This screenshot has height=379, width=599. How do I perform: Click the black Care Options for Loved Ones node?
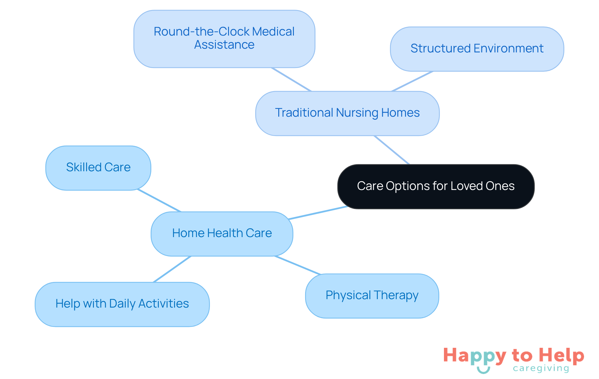point(436,186)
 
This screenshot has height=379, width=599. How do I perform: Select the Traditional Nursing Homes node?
point(347,113)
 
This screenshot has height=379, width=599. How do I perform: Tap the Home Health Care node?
point(222,234)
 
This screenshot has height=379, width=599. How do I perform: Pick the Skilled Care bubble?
point(98,168)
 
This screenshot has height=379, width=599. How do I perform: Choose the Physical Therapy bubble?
point(372,295)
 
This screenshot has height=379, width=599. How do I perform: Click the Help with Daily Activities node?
point(122,304)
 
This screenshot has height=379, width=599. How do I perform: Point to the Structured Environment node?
point(477,49)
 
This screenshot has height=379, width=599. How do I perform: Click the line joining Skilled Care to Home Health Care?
point(159,200)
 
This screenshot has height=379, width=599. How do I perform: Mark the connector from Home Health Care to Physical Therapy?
point(297,265)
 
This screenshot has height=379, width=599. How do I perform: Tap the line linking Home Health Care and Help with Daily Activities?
point(172,269)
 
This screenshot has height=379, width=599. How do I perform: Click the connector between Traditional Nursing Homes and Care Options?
point(392,150)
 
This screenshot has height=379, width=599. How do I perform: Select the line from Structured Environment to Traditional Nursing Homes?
point(412,81)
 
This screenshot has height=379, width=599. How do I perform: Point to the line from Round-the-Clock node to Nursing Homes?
point(291,79)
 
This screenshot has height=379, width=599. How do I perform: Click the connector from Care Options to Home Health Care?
point(318,213)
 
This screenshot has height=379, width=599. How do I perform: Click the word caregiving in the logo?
point(541,368)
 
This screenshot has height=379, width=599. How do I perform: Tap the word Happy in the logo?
point(474,356)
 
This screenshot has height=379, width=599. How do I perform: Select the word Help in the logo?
point(561,355)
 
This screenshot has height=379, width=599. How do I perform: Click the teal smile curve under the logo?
point(483,370)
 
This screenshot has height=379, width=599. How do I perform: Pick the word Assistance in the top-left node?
point(224,45)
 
